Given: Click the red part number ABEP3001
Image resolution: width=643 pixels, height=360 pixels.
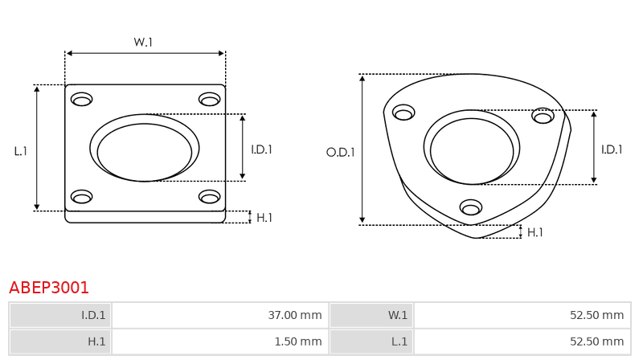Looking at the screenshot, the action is click(x=49, y=288).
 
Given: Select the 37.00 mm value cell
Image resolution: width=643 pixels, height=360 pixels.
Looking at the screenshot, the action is click(x=220, y=315).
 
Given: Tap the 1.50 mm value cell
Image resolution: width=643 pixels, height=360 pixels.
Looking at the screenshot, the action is click(x=220, y=342).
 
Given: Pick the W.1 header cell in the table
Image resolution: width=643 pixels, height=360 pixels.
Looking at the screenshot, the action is click(x=371, y=315).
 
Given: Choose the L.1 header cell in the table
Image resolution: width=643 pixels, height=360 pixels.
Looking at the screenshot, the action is click(x=371, y=342).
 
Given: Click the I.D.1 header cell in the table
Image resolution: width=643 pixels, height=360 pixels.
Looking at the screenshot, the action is click(x=60, y=315).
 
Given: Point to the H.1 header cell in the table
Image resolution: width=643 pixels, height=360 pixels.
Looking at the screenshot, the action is click(x=60, y=342).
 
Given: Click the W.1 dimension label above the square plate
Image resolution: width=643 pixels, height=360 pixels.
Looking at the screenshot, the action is click(x=143, y=42).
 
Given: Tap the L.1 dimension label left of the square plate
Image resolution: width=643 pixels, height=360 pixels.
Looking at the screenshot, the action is click(x=21, y=151).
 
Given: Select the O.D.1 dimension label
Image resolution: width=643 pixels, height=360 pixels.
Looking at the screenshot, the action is click(x=340, y=153).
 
